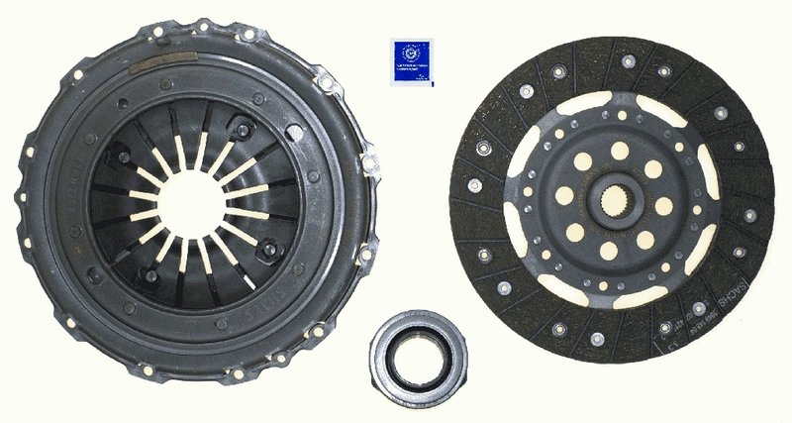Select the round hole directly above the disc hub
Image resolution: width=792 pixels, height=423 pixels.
pos(619,151)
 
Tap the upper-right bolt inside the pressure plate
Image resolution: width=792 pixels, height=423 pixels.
pos(242,126)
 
